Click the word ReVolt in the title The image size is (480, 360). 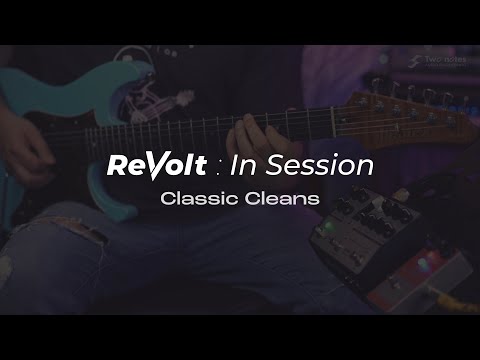point(157,166)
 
